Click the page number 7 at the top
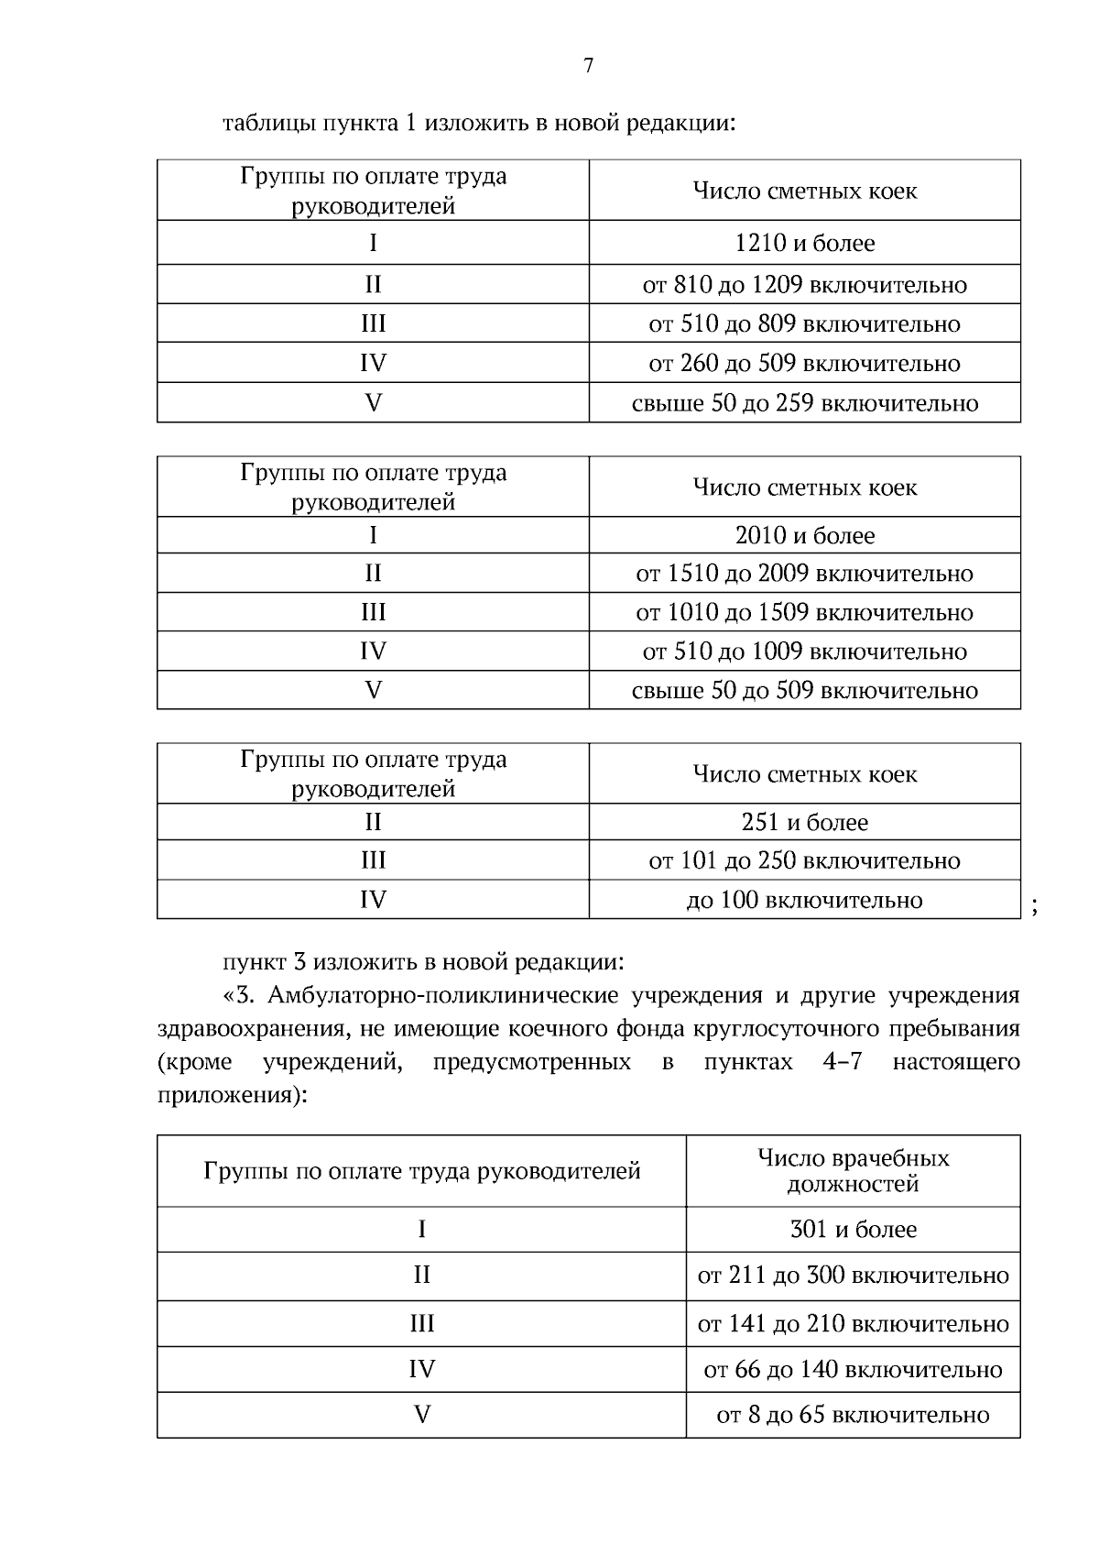point(589,65)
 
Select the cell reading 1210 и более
point(804,243)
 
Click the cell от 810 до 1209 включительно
point(804,285)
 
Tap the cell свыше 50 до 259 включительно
point(804,403)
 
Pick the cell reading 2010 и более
point(804,535)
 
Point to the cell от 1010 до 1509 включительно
point(804,612)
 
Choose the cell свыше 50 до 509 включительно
point(804,690)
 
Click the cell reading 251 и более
point(804,822)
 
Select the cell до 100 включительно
point(804,900)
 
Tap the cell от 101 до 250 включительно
point(804,860)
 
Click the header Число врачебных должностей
point(853,1170)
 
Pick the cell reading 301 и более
point(853,1229)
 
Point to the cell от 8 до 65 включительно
point(853,1415)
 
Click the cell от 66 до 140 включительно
point(853,1369)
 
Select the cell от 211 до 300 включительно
point(853,1276)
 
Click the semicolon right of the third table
point(1034,907)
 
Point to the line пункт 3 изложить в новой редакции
point(423,962)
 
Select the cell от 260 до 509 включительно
point(804,364)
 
